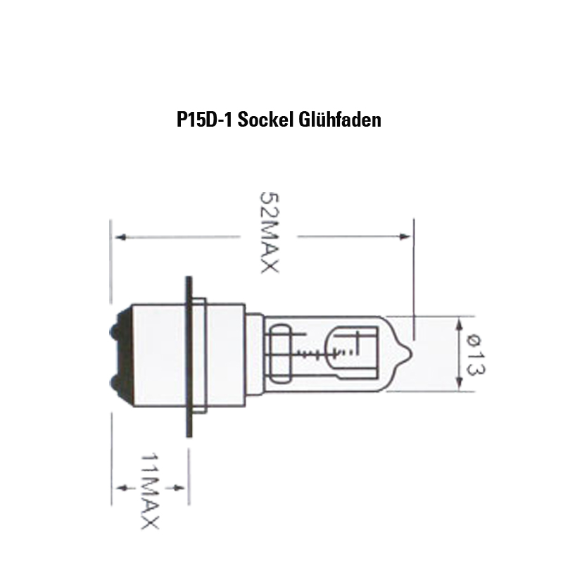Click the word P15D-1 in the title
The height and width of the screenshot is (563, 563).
tap(205, 120)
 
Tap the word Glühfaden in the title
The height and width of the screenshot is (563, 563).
tap(340, 120)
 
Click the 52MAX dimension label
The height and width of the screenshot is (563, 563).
tap(269, 233)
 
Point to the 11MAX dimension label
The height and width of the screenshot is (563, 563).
tap(149, 491)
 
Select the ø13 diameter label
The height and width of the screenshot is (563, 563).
tap(476, 355)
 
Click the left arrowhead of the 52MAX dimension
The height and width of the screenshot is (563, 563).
tap(121, 237)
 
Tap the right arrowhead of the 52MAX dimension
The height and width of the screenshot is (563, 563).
tap(405, 236)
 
